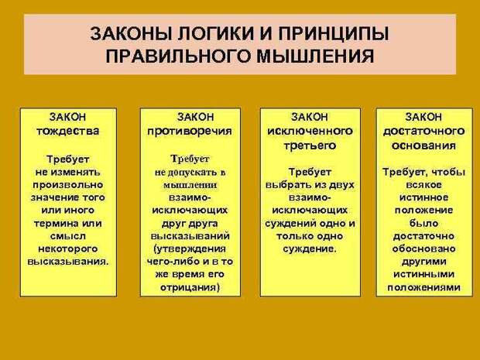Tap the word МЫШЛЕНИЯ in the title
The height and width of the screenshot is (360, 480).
coord(315,56)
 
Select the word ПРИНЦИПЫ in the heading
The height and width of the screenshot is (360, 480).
coord(334,33)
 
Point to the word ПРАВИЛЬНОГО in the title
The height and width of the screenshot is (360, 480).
coord(179,56)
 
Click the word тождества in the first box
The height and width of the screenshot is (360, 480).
coord(68,131)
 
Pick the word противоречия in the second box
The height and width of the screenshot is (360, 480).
coord(190,132)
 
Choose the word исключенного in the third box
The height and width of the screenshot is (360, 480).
coord(310,131)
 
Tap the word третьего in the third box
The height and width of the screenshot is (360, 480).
coord(310,146)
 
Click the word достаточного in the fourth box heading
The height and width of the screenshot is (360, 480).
coord(424,132)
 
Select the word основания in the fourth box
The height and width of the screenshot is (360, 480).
coord(424,146)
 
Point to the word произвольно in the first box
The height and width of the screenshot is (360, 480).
coord(67,185)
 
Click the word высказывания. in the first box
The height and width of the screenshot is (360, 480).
coord(68,262)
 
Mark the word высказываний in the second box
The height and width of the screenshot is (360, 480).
coord(190,236)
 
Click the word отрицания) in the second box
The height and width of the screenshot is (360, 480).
coord(190,288)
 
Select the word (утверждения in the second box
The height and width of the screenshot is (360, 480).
coord(190,249)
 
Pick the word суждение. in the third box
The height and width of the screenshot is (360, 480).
coord(310,249)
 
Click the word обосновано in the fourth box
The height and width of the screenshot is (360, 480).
coord(424,249)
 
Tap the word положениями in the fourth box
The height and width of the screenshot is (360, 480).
coord(424,288)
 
